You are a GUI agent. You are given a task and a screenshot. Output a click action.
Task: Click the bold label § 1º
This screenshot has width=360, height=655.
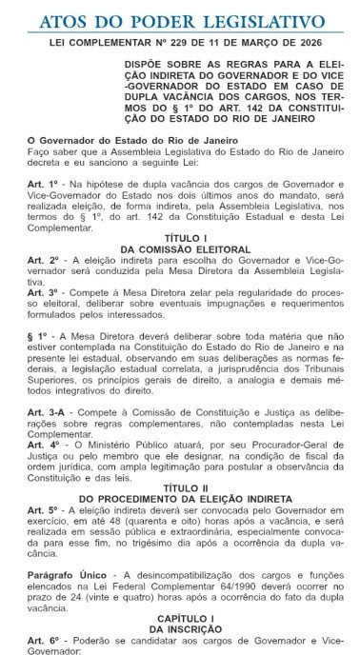(x=36, y=337)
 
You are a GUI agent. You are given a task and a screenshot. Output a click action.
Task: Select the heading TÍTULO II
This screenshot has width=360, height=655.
(x=179, y=488)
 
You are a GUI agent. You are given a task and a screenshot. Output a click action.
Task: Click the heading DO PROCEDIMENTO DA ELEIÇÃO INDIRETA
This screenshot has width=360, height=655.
(x=179, y=499)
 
